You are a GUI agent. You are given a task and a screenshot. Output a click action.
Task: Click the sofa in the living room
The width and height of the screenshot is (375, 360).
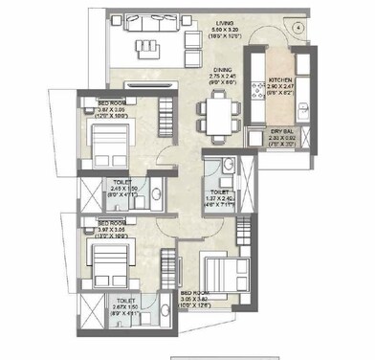pyautogui.click(x=143, y=42)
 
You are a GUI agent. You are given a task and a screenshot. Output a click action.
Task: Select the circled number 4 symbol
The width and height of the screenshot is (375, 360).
pyautogui.click(x=298, y=28)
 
